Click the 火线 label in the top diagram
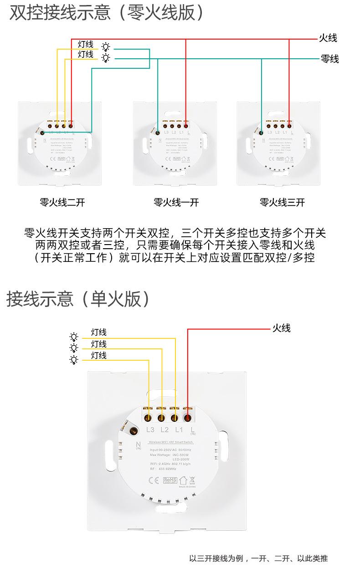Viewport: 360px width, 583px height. click(x=328, y=38)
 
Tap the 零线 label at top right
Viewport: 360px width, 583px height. click(x=329, y=59)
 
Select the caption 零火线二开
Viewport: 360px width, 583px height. click(x=62, y=203)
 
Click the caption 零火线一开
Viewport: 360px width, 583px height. click(x=176, y=203)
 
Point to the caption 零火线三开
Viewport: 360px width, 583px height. click(x=283, y=203)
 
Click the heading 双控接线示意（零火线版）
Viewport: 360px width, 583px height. click(x=108, y=13)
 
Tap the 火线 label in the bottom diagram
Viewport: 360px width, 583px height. click(x=281, y=328)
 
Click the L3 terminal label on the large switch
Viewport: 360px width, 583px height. click(x=150, y=430)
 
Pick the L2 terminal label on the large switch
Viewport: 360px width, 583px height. click(x=165, y=430)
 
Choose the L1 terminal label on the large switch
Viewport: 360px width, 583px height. click(x=179, y=430)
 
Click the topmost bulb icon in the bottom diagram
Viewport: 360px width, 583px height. click(x=74, y=337)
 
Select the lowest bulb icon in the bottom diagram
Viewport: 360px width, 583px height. click(x=74, y=360)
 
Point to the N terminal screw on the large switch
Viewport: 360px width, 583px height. click(x=134, y=430)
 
